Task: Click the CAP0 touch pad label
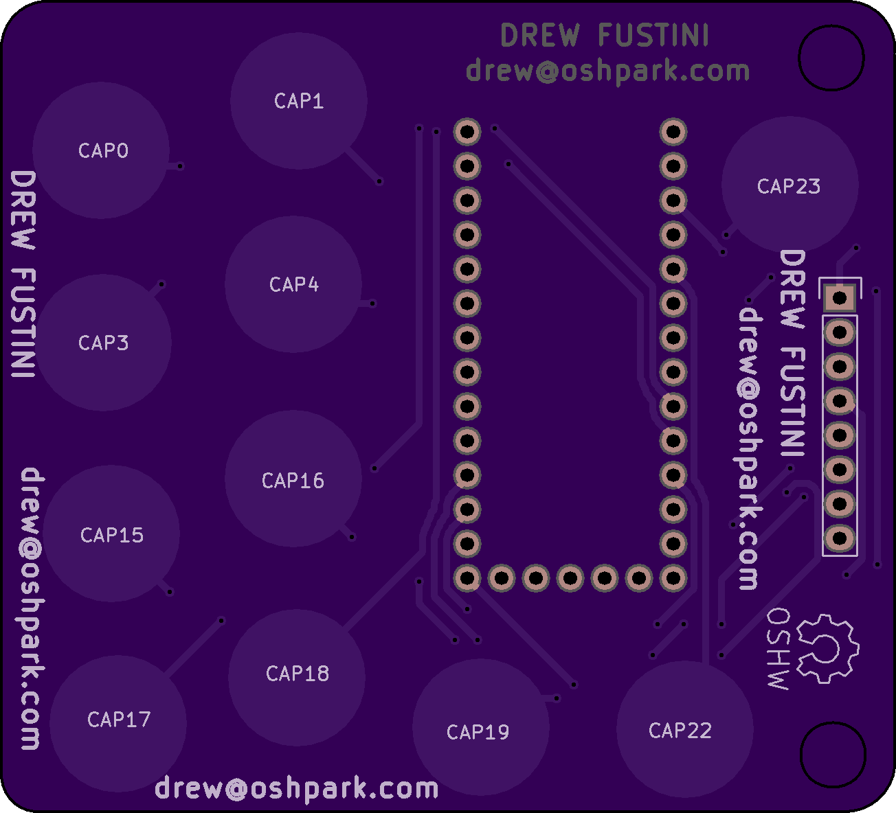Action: coord(103,151)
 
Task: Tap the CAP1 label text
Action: coord(299,102)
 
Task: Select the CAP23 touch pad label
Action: coord(789,187)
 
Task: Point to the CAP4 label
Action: coord(294,285)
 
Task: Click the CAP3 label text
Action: coord(103,343)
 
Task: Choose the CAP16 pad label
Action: coord(293,481)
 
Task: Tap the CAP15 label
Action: coord(112,536)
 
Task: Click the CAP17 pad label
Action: coord(119,720)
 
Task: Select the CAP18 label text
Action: coord(298,674)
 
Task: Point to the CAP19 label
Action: coord(478,732)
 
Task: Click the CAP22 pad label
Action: coord(680,731)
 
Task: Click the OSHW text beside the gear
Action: coord(778,649)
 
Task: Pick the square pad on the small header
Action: coord(840,298)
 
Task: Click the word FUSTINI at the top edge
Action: coord(653,35)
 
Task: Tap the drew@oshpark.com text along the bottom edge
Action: coord(297,788)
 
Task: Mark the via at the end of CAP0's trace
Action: coord(180,167)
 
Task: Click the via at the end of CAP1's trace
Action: coord(379,181)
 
